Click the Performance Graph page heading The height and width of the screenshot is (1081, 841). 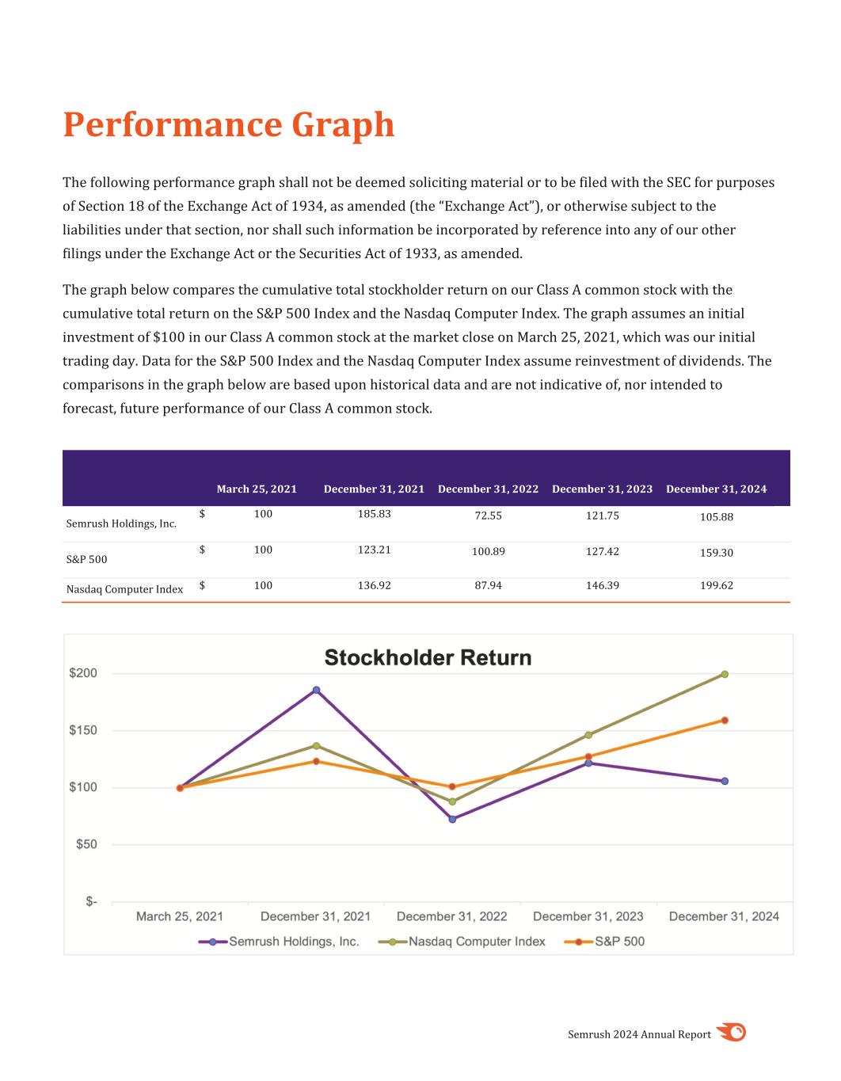click(x=228, y=125)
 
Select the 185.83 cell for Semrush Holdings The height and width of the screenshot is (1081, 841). click(x=374, y=514)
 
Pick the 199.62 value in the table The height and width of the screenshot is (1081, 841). click(x=716, y=586)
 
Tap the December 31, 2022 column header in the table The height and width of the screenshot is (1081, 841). click(x=488, y=489)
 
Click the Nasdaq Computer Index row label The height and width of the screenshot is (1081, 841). click(x=124, y=589)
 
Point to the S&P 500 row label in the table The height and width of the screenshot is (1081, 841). click(x=86, y=559)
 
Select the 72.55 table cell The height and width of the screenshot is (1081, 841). click(x=488, y=516)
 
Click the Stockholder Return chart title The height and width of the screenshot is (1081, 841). click(x=428, y=658)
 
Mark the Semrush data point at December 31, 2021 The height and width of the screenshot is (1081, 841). click(x=316, y=690)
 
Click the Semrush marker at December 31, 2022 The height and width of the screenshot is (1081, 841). click(x=452, y=819)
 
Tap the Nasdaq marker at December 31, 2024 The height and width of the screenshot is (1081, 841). click(x=725, y=675)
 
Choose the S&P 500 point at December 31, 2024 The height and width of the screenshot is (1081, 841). click(x=725, y=721)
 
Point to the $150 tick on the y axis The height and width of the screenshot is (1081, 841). click(x=83, y=730)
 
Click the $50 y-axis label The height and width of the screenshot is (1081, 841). click(x=86, y=844)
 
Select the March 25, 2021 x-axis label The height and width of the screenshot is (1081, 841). click(x=180, y=916)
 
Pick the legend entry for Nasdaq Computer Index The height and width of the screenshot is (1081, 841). click(x=477, y=942)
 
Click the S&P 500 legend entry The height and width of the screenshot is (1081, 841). click(x=619, y=942)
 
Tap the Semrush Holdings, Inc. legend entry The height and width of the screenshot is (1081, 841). click(x=294, y=942)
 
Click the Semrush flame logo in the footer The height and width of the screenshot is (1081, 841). click(x=732, y=1033)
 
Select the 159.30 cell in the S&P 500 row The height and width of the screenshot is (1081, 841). click(x=716, y=553)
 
